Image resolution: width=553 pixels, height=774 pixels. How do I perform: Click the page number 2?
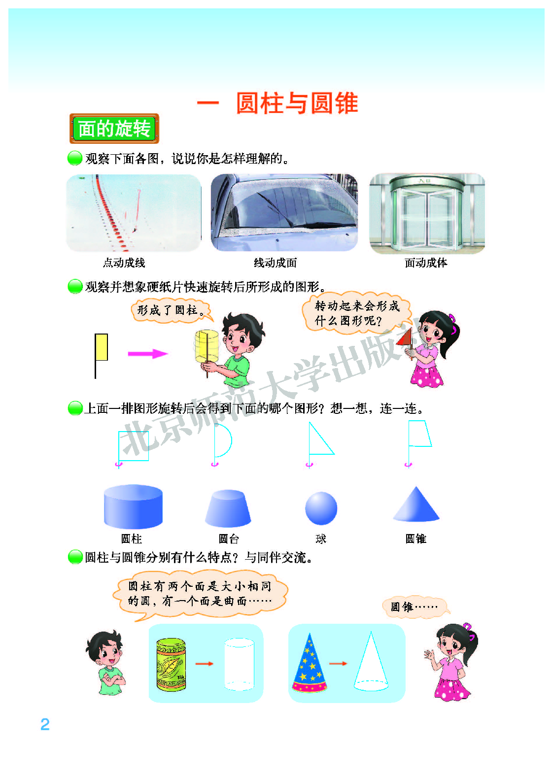click(x=45, y=724)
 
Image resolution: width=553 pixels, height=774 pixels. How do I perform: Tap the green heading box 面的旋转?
click(x=114, y=129)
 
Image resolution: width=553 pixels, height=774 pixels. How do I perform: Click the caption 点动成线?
click(x=124, y=263)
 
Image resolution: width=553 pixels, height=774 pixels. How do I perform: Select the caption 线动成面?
click(x=275, y=263)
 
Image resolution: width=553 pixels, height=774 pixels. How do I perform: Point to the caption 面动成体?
click(x=426, y=263)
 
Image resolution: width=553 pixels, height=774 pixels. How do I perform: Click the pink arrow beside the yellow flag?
click(x=147, y=354)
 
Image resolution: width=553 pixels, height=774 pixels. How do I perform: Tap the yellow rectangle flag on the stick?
click(x=102, y=347)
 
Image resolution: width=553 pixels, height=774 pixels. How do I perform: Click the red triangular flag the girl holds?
click(x=405, y=337)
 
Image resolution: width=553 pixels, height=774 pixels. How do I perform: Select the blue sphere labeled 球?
click(x=321, y=508)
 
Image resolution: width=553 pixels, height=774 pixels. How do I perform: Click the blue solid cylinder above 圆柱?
click(x=133, y=506)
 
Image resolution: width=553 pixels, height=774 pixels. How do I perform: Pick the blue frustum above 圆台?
click(x=228, y=508)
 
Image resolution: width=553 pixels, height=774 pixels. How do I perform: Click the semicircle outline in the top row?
click(x=222, y=441)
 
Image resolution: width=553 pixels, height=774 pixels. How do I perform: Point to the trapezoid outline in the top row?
click(x=420, y=434)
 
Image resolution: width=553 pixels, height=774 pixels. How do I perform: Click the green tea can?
click(x=171, y=664)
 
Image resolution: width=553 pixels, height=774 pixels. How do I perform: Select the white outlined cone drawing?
click(x=371, y=664)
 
